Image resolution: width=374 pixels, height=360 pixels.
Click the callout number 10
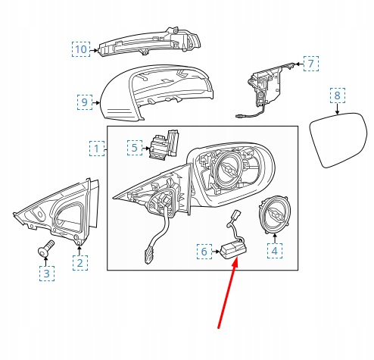click(81, 49)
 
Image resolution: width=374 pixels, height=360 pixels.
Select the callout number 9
click(85, 102)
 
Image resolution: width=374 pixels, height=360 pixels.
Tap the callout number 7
click(311, 64)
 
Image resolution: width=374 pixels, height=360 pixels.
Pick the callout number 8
click(338, 95)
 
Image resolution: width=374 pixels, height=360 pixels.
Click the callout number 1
click(97, 149)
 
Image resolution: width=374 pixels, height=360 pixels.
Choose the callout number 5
click(135, 148)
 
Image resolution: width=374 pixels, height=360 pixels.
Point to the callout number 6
click(204, 252)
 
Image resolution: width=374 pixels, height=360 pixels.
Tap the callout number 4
click(275, 251)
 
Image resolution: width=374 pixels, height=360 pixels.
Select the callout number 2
click(80, 263)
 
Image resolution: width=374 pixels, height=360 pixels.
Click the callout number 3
click(47, 274)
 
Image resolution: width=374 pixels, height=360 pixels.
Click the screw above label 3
click(45, 249)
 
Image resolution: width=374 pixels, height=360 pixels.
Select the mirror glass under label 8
click(338, 140)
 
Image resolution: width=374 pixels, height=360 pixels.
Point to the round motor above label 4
click(275, 214)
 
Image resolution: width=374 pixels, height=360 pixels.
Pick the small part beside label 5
click(164, 145)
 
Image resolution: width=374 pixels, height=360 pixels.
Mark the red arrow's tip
click(237, 257)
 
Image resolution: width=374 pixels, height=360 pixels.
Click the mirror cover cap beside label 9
click(157, 92)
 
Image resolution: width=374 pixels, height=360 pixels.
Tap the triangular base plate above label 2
click(57, 212)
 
